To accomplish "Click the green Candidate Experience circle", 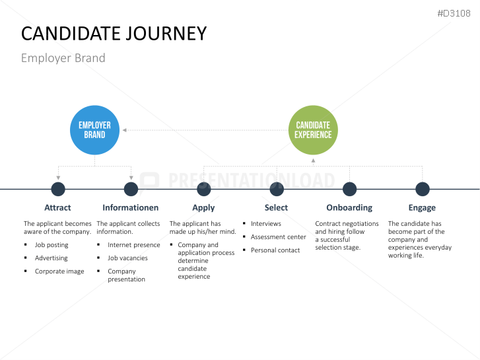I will (313, 129).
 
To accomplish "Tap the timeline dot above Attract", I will (58, 190).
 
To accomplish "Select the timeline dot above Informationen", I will (131, 190).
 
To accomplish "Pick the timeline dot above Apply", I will (204, 190).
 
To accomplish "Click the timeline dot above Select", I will (277, 190).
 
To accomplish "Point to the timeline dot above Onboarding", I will (350, 190).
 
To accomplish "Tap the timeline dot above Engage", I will (423, 190).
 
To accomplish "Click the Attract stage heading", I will (57, 207).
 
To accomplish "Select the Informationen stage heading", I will (131, 207).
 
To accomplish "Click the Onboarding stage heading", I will (349, 207).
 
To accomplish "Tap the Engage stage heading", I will (422, 207).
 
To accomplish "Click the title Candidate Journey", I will (114, 33).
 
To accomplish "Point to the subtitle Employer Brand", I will (63, 58).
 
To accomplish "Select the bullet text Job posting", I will (51, 245).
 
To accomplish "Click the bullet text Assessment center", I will (278, 237).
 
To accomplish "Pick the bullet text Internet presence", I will (133, 245).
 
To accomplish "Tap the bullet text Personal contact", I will (275, 250).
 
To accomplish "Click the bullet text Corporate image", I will (59, 271).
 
